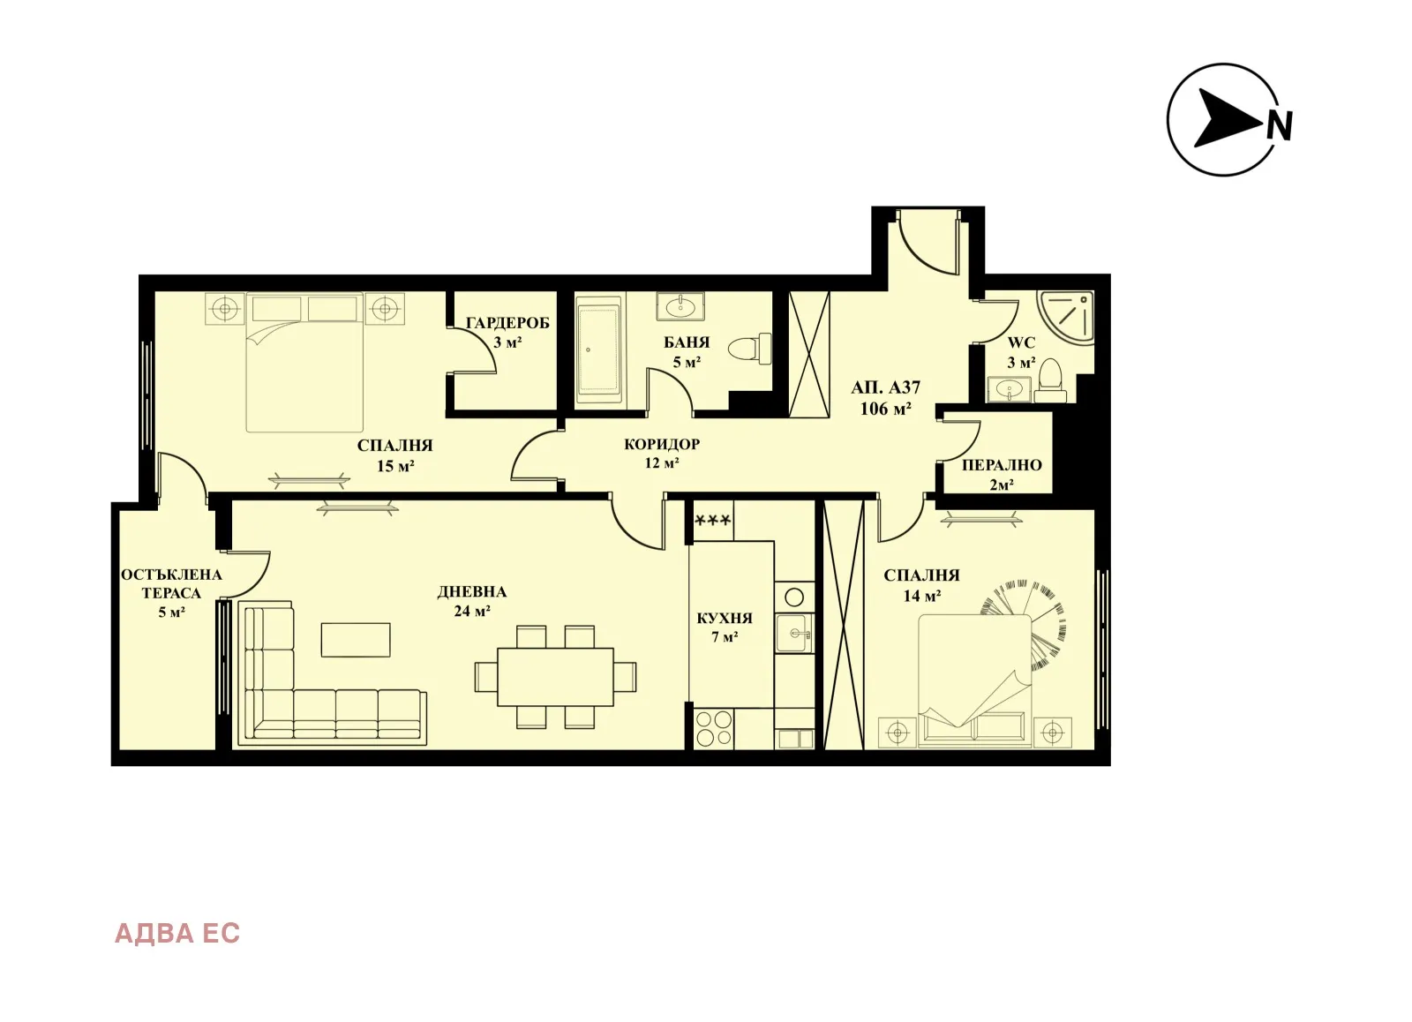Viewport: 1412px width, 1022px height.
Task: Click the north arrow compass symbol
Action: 1225,119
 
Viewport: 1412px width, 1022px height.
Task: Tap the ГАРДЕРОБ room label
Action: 507,323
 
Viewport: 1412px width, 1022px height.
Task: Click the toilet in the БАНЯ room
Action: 751,349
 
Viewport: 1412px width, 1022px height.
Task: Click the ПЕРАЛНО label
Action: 1002,465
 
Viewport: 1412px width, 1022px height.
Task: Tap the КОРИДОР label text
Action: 661,444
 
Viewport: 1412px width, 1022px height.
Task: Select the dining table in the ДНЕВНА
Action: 555,677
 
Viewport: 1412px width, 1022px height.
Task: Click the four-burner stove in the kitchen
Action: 713,729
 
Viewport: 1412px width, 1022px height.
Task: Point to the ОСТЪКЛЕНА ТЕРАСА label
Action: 171,583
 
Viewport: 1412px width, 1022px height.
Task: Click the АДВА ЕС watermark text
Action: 177,933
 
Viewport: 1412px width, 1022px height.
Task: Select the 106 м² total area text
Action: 885,409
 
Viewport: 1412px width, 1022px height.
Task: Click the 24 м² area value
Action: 472,611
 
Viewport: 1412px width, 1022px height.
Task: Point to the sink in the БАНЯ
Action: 680,307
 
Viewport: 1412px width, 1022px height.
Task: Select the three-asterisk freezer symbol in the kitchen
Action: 713,521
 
